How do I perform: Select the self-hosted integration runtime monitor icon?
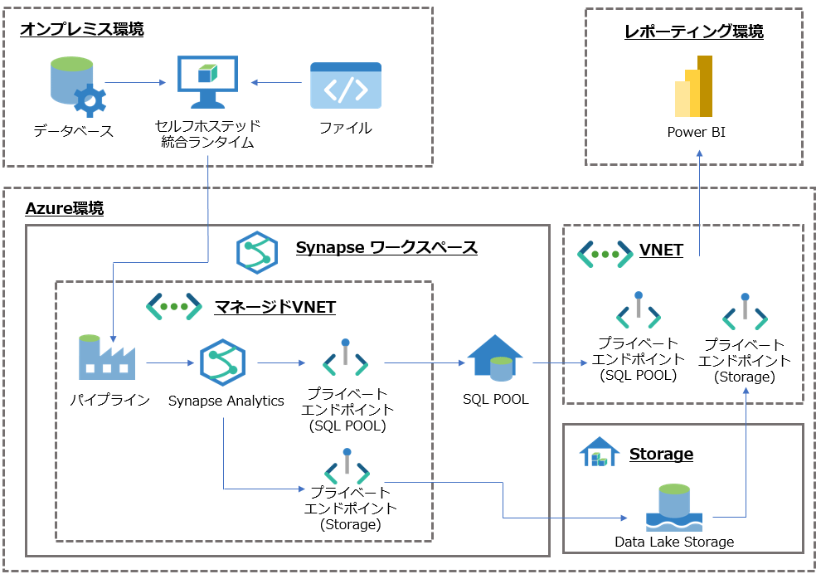pos(207,82)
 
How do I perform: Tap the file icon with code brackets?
pos(346,85)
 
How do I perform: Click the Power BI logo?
pos(694,88)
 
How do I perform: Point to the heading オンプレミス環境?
pos(82,30)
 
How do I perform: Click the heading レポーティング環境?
pos(693,32)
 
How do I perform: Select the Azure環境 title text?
pos(65,209)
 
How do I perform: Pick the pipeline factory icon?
pos(107,358)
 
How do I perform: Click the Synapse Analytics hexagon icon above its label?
pos(222,362)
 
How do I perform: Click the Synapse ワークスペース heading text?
pos(386,248)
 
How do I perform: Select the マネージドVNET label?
pos(275,307)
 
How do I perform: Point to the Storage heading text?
pos(661,454)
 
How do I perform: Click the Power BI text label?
pos(696,133)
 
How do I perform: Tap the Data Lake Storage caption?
pos(674,542)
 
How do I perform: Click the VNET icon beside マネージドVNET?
pos(174,307)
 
